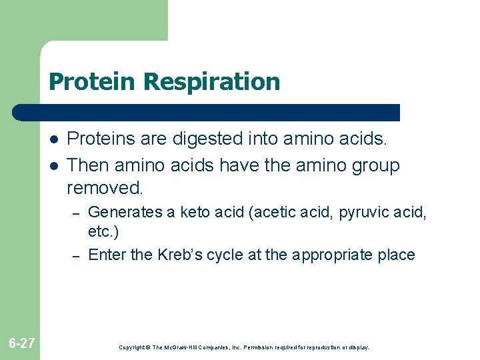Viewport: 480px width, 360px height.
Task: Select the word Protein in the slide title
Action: [x=93, y=82]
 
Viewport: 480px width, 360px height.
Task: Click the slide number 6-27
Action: [x=22, y=343]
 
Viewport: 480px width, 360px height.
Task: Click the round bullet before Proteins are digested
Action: [x=53, y=139]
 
